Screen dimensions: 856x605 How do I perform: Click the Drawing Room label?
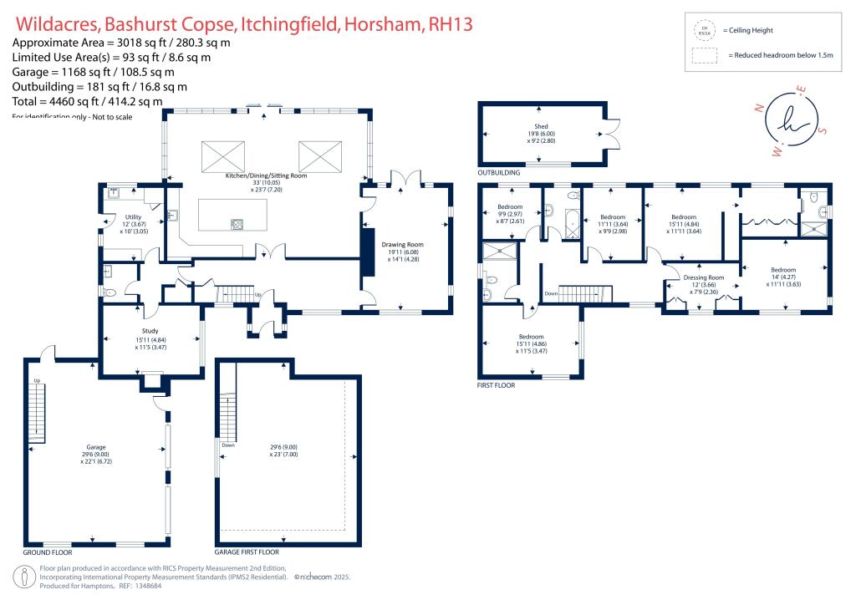(405, 246)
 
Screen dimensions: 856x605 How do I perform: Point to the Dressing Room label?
(703, 277)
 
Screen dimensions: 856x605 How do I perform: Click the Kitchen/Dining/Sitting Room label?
(266, 176)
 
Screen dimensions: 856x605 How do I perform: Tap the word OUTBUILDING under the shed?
(499, 173)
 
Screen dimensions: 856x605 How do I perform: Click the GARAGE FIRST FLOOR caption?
(247, 552)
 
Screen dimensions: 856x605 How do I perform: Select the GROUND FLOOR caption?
(47, 552)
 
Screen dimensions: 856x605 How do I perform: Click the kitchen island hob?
(237, 223)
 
